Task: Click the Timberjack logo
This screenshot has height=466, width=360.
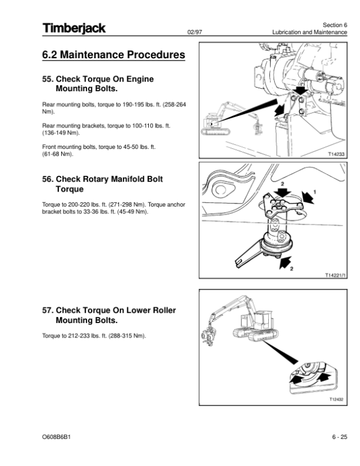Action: (74, 28)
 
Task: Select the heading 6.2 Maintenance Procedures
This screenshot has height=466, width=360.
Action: (113, 56)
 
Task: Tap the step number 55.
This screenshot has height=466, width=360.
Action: (47, 79)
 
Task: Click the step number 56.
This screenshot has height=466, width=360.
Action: (47, 179)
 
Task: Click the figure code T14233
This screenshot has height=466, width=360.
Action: (337, 154)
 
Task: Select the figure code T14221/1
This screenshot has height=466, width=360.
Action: (334, 275)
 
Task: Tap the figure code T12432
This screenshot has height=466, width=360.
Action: (337, 400)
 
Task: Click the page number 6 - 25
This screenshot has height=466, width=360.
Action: (338, 436)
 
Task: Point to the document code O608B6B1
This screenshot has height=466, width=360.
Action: (55, 436)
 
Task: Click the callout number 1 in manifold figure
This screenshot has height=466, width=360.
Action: (315, 192)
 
